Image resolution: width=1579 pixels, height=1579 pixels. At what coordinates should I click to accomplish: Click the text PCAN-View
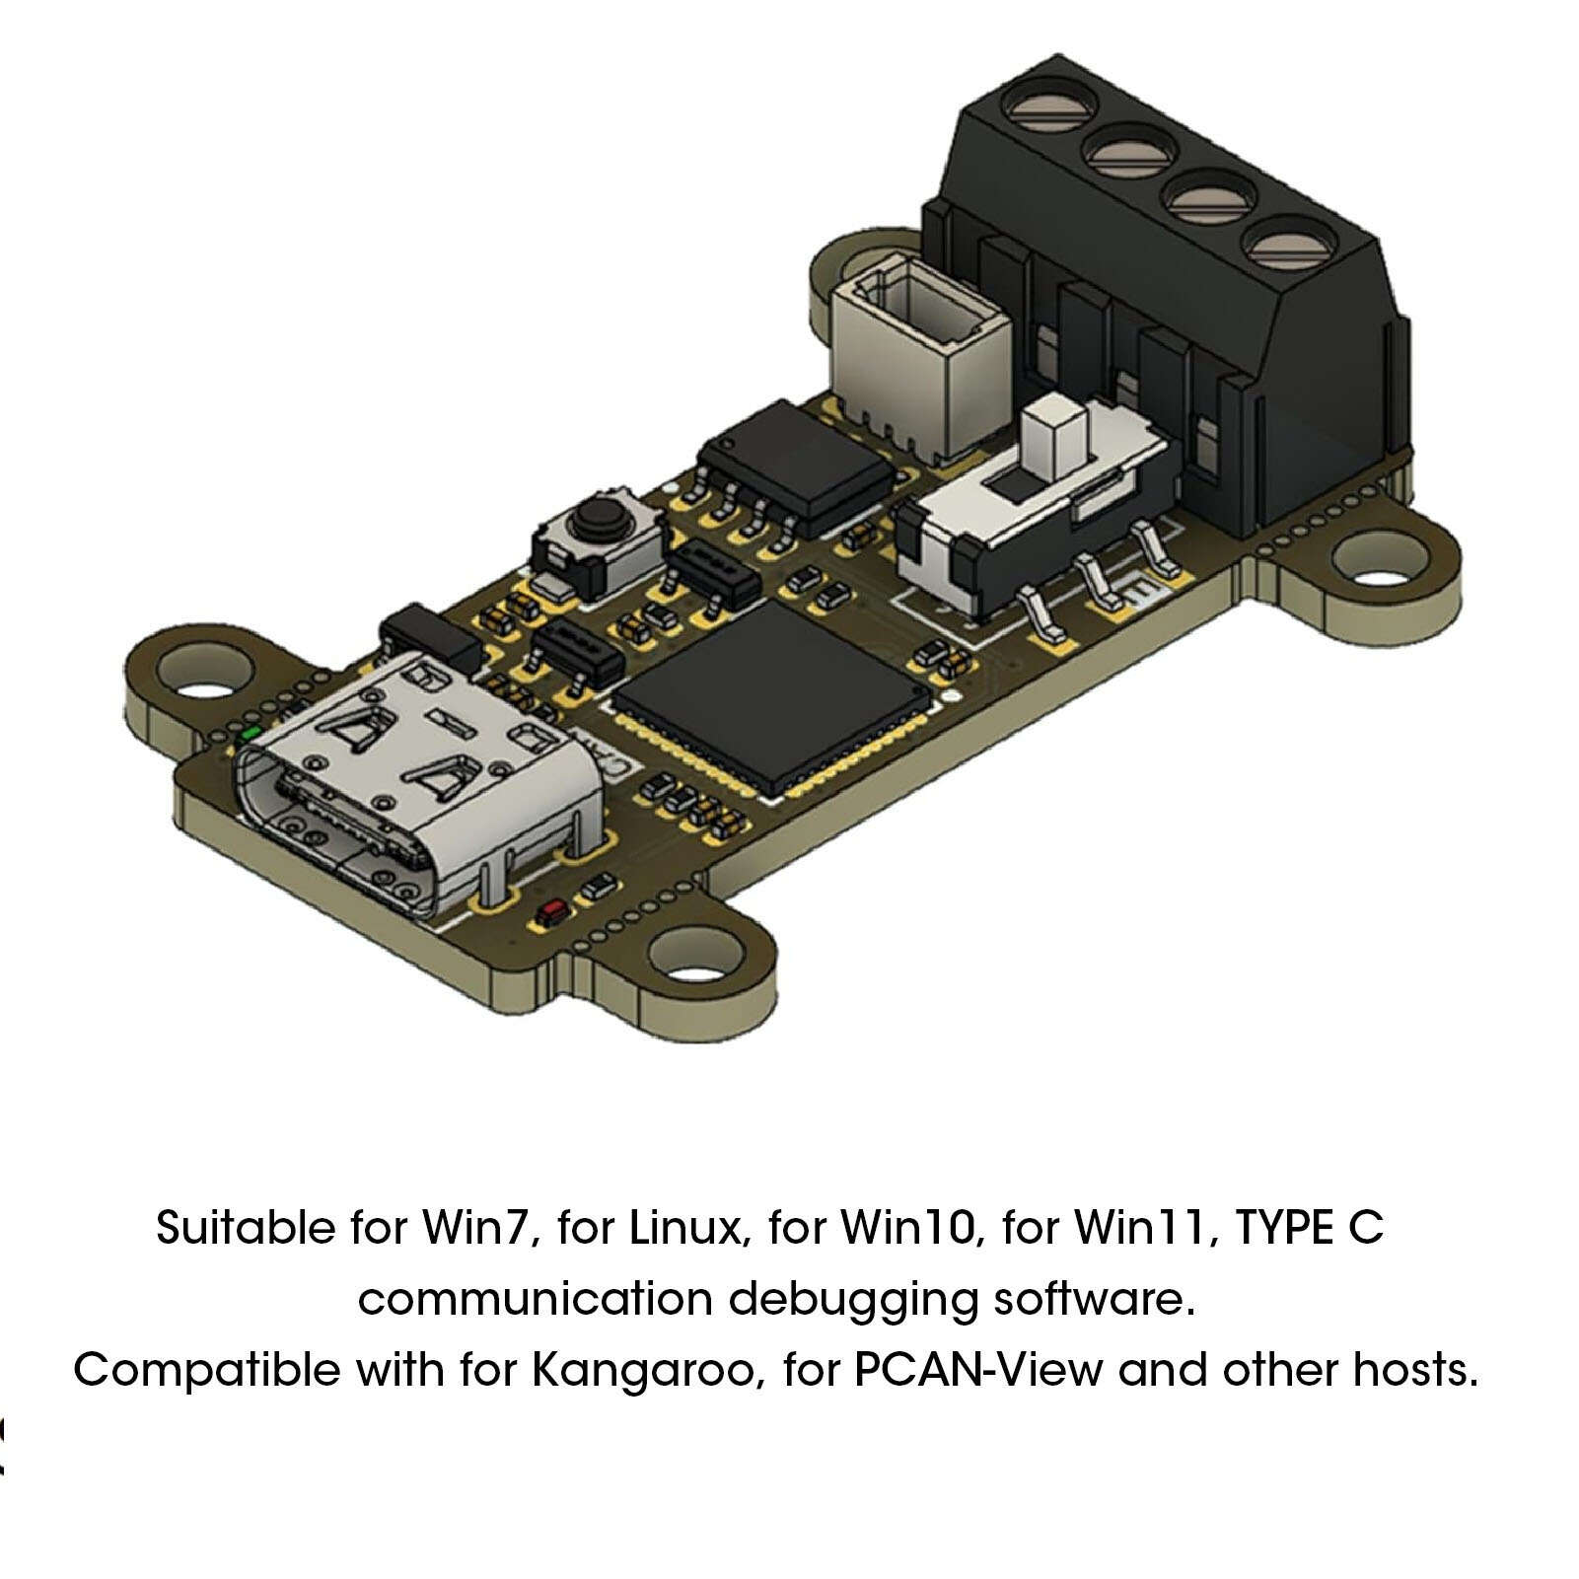(977, 1370)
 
